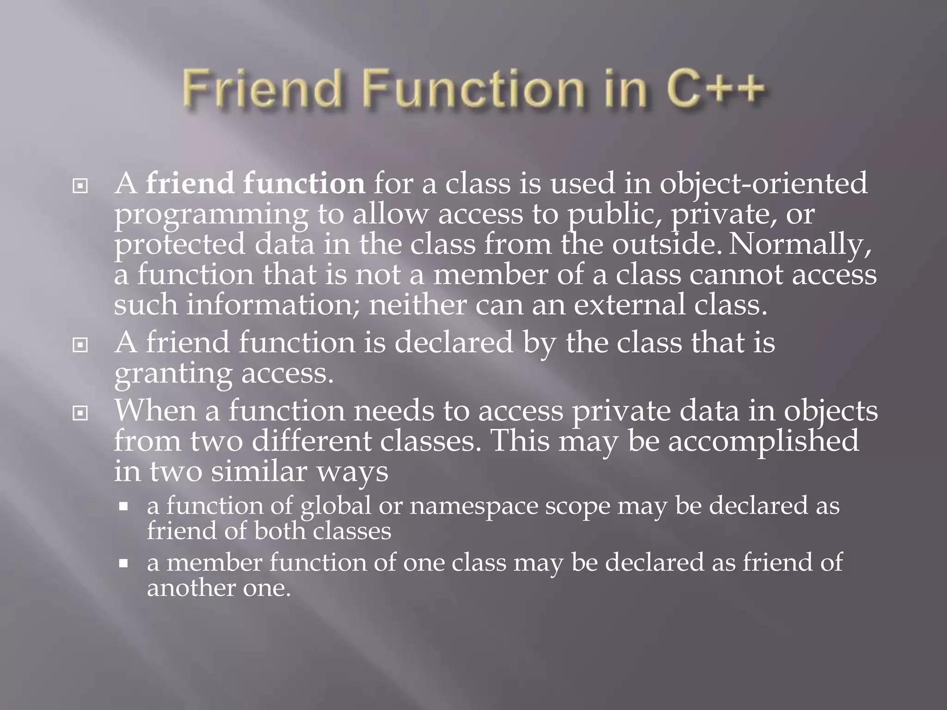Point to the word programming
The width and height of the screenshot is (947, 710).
pyautogui.click(x=211, y=215)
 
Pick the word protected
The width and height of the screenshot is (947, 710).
pyautogui.click(x=179, y=245)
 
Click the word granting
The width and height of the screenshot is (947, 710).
pyautogui.click(x=173, y=373)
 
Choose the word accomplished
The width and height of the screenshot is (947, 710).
pyautogui.click(x=763, y=441)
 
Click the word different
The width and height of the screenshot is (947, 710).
pyautogui.click(x=312, y=441)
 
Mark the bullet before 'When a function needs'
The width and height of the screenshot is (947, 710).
pyautogui.click(x=80, y=413)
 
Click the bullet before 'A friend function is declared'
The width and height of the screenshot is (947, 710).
pyautogui.click(x=80, y=345)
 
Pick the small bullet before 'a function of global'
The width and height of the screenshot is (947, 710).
pyautogui.click(x=123, y=507)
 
